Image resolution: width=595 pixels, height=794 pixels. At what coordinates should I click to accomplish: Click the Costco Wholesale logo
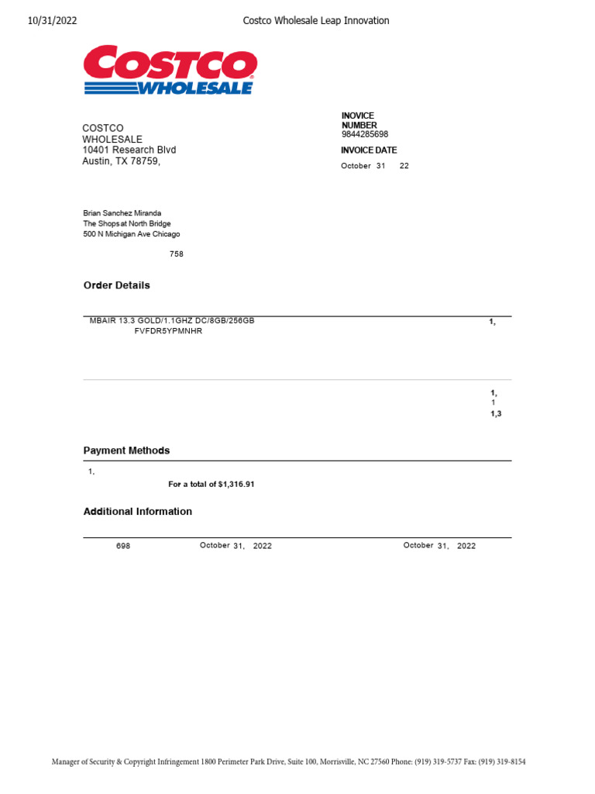(x=170, y=71)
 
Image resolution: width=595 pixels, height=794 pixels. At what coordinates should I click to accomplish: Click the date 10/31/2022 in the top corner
(x=52, y=21)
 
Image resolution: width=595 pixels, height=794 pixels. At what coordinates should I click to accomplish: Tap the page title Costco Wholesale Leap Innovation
(x=316, y=21)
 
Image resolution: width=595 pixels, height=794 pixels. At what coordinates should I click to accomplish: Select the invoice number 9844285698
(x=365, y=134)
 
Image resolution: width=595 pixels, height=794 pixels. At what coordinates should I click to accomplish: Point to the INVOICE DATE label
(x=369, y=150)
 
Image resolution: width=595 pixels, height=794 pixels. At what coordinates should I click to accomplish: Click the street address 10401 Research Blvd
(x=129, y=150)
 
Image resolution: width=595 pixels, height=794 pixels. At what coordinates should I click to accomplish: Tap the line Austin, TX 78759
(x=122, y=161)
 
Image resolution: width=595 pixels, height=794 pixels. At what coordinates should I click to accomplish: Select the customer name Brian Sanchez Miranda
(x=122, y=213)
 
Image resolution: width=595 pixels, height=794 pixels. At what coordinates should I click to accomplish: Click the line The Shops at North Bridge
(x=127, y=223)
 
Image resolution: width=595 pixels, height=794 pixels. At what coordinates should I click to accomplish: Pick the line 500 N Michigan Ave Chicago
(x=132, y=234)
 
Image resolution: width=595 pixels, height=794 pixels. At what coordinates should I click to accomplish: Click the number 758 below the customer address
(x=177, y=254)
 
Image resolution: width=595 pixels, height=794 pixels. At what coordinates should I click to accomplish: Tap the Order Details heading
(x=117, y=285)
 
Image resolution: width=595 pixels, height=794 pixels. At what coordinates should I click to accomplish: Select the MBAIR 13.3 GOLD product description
(x=172, y=321)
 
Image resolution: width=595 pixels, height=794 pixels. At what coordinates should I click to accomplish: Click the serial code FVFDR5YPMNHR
(x=169, y=331)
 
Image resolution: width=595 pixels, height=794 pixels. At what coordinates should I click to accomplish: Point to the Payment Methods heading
(x=126, y=451)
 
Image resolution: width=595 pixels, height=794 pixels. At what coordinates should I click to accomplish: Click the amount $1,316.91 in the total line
(x=236, y=484)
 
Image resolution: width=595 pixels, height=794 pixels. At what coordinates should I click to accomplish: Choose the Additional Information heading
(x=138, y=512)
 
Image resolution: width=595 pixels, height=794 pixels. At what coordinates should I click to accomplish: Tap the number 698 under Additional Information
(x=123, y=546)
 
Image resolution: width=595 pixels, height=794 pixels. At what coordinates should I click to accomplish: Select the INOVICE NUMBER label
(x=359, y=120)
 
